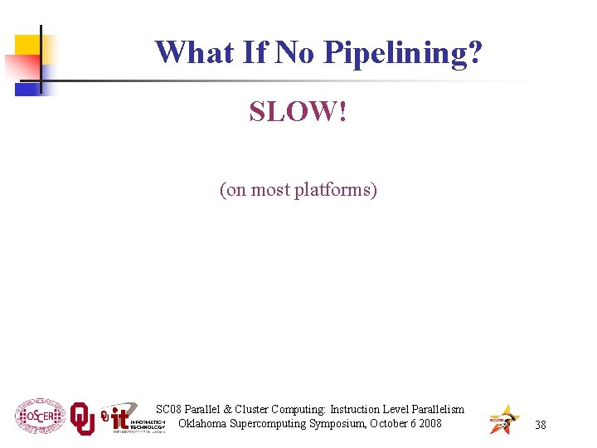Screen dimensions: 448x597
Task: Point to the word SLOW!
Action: [x=298, y=111]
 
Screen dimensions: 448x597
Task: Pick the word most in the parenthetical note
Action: [x=270, y=190]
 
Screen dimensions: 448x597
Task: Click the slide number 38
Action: [x=541, y=425]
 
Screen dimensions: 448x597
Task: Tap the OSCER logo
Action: [x=39, y=416]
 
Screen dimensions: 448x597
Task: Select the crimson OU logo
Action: [x=82, y=419]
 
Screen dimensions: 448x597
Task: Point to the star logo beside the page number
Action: [x=504, y=419]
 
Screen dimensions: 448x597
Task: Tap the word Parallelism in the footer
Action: [x=434, y=409]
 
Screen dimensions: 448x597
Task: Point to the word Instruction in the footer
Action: [x=357, y=409]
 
